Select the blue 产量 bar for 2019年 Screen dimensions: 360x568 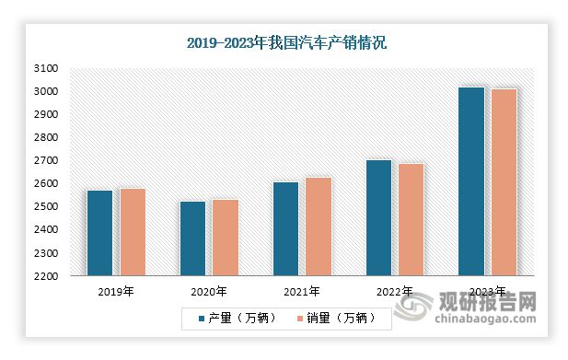[99, 233]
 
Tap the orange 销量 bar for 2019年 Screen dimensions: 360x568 [133, 232]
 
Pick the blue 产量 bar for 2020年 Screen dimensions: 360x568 [192, 238]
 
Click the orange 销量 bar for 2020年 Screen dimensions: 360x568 [226, 238]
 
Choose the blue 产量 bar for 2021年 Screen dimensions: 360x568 [285, 229]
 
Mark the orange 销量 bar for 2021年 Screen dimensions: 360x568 [319, 226]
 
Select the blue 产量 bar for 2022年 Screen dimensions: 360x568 [378, 218]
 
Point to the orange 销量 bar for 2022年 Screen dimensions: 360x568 [412, 220]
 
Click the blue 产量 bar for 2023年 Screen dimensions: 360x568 [471, 181]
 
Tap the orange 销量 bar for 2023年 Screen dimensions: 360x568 [504, 182]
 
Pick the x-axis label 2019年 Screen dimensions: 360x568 [116, 292]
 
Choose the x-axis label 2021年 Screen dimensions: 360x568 [302, 292]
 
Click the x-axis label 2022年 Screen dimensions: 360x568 [395, 292]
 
